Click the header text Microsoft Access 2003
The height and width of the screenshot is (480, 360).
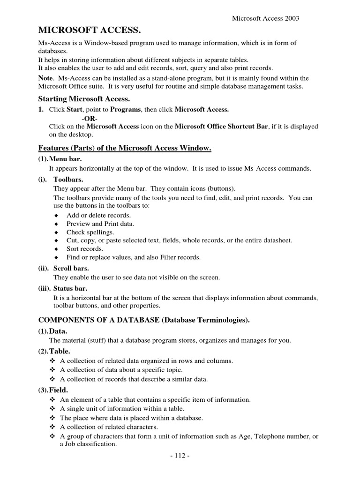pyautogui.click(x=266, y=18)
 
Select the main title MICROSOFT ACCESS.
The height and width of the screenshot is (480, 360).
pyautogui.click(x=89, y=31)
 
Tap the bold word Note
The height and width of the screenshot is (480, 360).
pyautogui.click(x=45, y=78)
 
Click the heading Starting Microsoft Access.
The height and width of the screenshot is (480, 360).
pyautogui.click(x=83, y=99)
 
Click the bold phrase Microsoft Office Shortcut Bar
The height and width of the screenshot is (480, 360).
pyautogui.click(x=222, y=127)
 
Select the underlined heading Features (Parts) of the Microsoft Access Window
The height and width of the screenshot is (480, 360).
pyautogui.click(x=125, y=149)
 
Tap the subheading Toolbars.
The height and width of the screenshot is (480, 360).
pyautogui.click(x=69, y=180)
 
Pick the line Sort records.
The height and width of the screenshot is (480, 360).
pyautogui.click(x=85, y=249)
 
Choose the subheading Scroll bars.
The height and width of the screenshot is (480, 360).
pyautogui.click(x=71, y=269)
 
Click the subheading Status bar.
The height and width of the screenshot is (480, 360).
pyautogui.click(x=70, y=288)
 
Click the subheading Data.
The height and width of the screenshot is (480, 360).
pyautogui.click(x=59, y=331)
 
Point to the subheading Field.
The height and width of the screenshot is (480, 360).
pyautogui.click(x=59, y=390)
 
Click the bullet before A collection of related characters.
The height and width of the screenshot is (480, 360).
pyautogui.click(x=52, y=427)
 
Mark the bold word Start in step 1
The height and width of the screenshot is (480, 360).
pyautogui.click(x=75, y=109)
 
